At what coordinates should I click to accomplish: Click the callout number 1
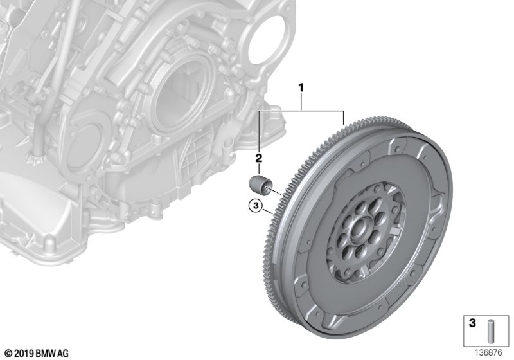click(x=299, y=86)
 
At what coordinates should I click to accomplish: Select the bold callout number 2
click(x=258, y=157)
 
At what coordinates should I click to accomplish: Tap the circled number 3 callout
click(x=256, y=206)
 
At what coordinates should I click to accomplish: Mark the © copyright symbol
click(x=8, y=353)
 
